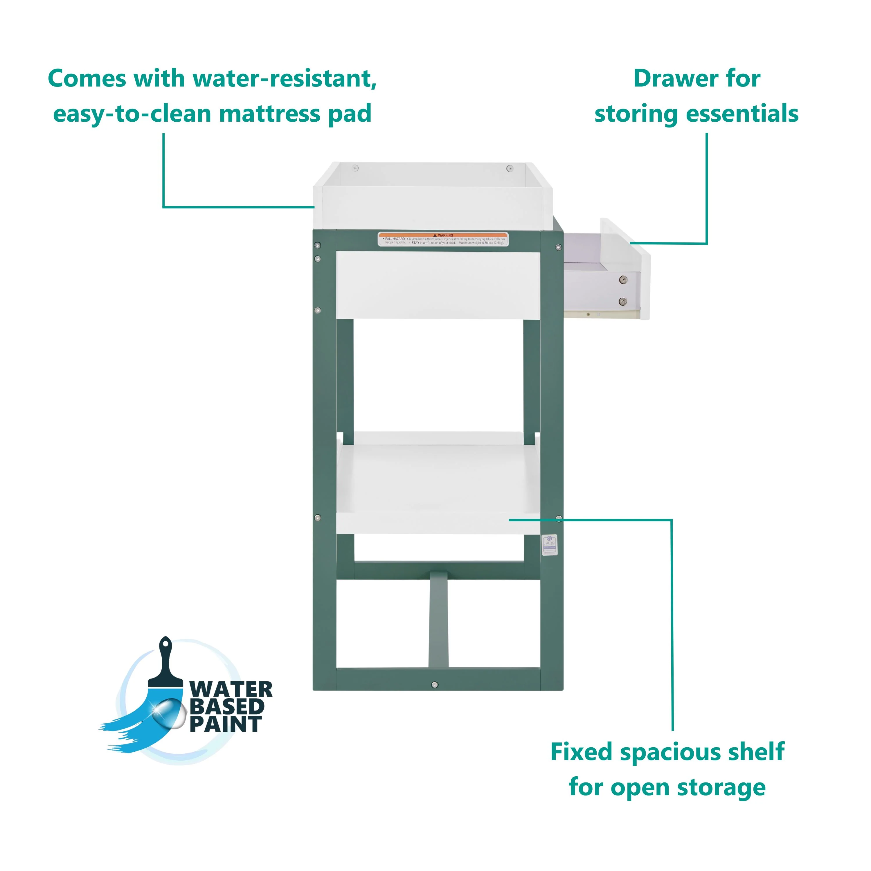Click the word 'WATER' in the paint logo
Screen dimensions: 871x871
tap(231, 690)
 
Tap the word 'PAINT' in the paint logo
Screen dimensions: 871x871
tap(225, 724)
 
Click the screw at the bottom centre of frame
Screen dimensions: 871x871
tap(435, 685)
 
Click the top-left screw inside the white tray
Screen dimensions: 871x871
tap(356, 168)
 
